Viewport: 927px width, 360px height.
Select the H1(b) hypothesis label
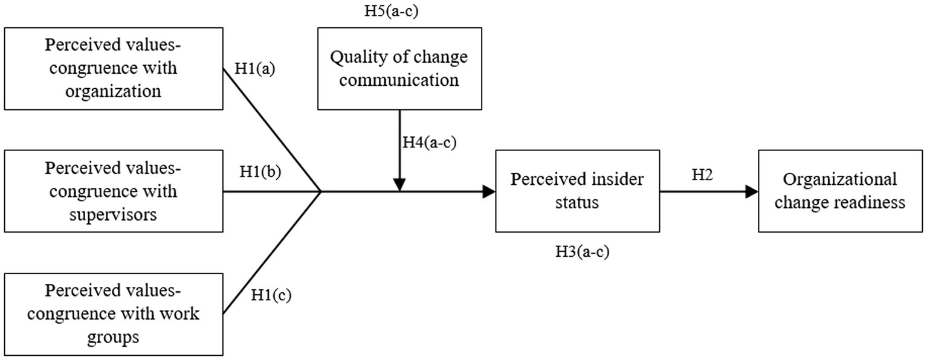[x=260, y=172]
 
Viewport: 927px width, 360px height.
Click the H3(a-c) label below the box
[x=582, y=252]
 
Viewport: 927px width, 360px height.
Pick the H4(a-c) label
[x=430, y=143]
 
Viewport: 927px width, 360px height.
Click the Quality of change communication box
[x=399, y=68]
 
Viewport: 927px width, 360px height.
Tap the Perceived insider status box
[x=577, y=191]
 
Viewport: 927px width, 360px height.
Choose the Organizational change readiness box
[x=840, y=191]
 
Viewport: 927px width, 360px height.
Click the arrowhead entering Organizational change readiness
[x=752, y=191]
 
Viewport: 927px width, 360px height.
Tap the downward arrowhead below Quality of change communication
[x=399, y=184]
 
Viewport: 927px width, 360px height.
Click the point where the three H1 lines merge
[x=320, y=191]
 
